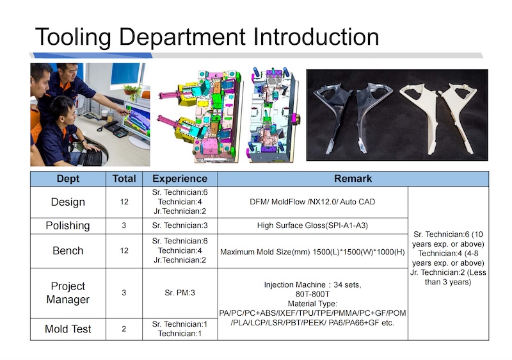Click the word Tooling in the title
[x=73, y=37]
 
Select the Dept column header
[x=68, y=179]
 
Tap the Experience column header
[x=180, y=179]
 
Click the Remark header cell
[x=353, y=179]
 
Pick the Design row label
[x=68, y=202]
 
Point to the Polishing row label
[x=68, y=225]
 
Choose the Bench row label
[x=68, y=251]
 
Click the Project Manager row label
[x=68, y=293]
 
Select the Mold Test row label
[x=68, y=329]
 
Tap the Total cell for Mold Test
[x=124, y=329]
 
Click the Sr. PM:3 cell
[x=180, y=293]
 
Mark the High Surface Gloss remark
[x=312, y=225]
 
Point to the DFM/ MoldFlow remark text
[x=312, y=202]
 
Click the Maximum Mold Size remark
[x=312, y=252]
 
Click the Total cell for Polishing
[x=124, y=225]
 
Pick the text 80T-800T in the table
[x=312, y=294]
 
